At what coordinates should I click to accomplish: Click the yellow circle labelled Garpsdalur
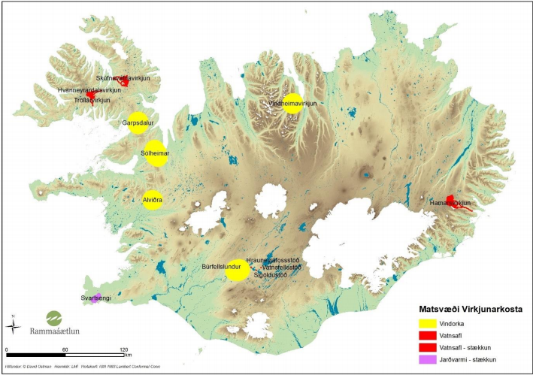(x=137, y=123)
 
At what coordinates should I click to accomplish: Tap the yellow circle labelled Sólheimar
(x=156, y=153)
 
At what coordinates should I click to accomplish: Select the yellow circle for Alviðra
(x=153, y=200)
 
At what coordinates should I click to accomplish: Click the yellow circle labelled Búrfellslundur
(x=238, y=270)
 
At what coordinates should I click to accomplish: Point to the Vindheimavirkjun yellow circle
(x=292, y=104)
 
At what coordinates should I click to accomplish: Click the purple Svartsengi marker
(x=96, y=298)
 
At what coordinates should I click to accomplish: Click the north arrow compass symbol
(x=13, y=325)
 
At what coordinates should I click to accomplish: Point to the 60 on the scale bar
(x=64, y=351)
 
